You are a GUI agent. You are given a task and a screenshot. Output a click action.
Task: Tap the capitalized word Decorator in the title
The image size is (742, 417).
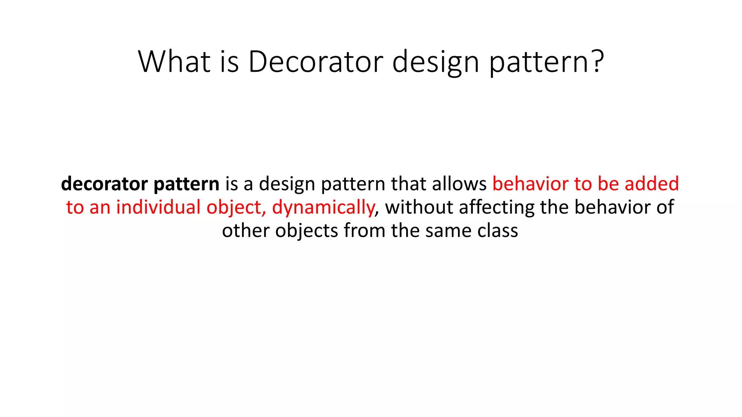[x=315, y=62]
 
